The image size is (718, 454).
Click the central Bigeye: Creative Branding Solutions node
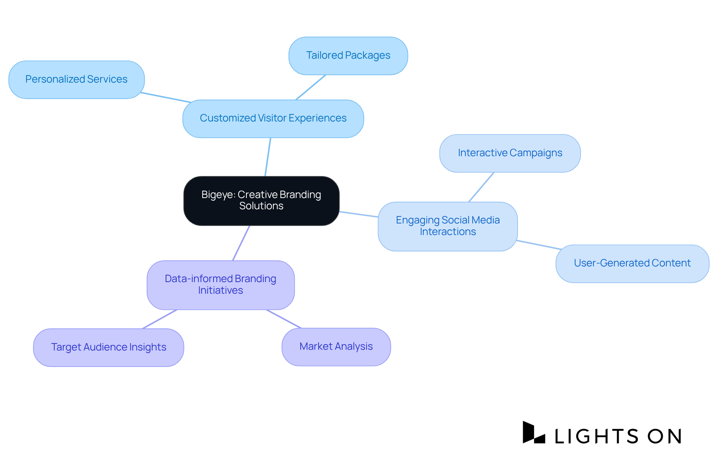click(x=261, y=201)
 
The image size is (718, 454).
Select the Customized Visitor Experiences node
click(x=273, y=118)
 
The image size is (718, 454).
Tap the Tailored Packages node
click(x=348, y=56)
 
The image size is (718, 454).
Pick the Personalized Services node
click(x=77, y=80)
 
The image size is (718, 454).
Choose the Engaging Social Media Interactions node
click(x=448, y=226)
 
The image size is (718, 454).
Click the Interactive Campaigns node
click(x=510, y=153)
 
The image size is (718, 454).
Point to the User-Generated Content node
click(x=632, y=263)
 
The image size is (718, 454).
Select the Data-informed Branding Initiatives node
click(x=221, y=285)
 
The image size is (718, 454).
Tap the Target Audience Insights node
click(x=108, y=347)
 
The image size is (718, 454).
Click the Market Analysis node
click(x=336, y=347)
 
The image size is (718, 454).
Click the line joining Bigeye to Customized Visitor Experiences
click(x=268, y=157)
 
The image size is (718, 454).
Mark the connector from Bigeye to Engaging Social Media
click(x=359, y=214)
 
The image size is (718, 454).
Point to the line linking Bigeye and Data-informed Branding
click(x=241, y=243)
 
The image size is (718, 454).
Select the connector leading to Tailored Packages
click(x=311, y=87)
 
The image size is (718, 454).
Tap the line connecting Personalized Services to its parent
click(x=166, y=97)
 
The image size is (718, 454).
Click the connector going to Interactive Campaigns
click(x=482, y=187)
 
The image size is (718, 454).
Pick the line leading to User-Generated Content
click(x=539, y=245)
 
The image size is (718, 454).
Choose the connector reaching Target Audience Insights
click(x=160, y=319)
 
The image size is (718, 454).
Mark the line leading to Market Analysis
click(x=284, y=319)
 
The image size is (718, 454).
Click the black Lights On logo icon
click(x=533, y=433)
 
